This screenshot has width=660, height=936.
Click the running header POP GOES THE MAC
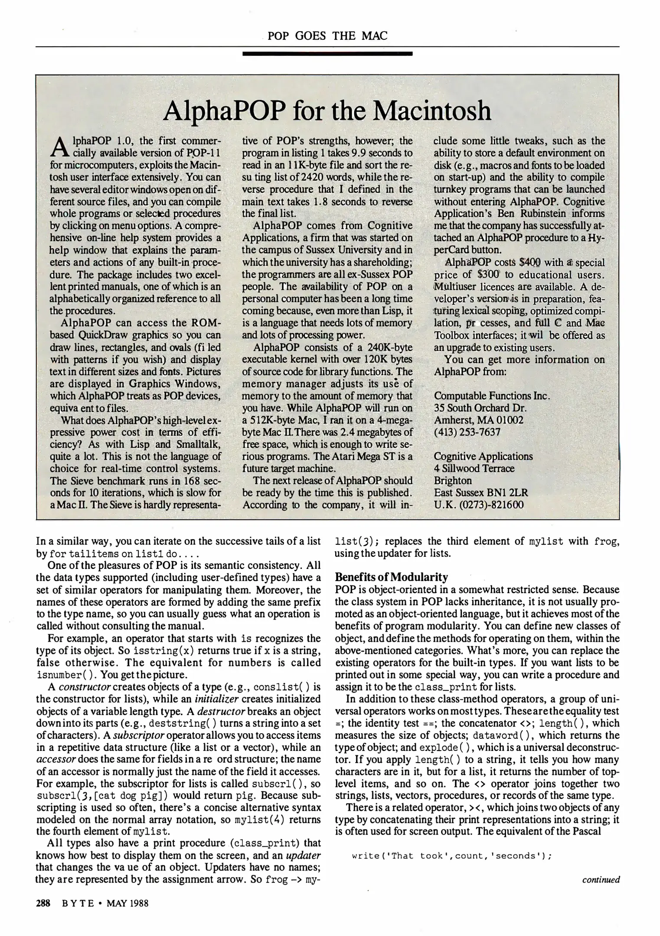(327, 36)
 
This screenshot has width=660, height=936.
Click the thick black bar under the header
(327, 54)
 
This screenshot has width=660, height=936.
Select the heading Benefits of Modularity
(391, 577)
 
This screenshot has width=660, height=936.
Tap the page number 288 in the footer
(43, 903)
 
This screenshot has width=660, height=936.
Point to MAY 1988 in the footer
(127, 903)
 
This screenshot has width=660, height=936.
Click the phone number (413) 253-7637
(467, 432)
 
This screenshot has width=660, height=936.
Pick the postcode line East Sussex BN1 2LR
(481, 493)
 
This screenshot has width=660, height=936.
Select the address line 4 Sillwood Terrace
(474, 468)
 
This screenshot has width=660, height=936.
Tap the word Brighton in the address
(453, 481)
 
